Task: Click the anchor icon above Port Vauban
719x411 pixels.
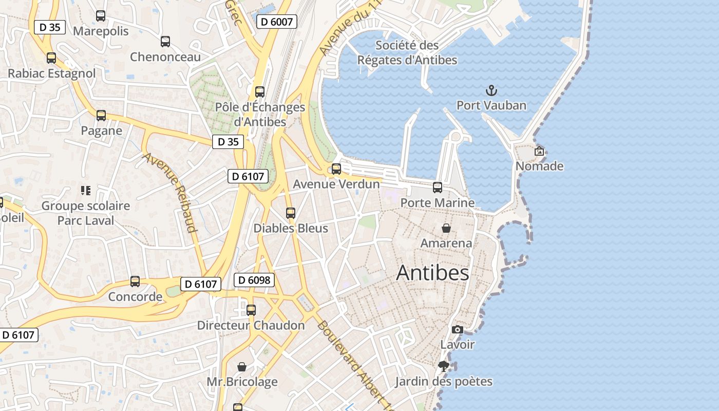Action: click(491, 91)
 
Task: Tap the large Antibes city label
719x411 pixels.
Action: click(432, 273)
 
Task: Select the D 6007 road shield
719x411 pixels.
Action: click(277, 22)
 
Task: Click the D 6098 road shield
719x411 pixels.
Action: click(254, 280)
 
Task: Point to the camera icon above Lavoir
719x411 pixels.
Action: click(457, 329)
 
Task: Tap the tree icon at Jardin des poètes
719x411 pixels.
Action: click(443, 366)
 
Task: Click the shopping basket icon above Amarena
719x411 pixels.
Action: click(446, 228)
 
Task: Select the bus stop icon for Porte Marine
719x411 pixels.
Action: click(438, 188)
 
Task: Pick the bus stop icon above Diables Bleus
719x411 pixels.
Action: click(291, 213)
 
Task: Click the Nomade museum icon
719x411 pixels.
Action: click(539, 151)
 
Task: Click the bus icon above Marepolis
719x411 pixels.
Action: click(101, 16)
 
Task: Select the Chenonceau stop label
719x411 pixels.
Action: click(165, 57)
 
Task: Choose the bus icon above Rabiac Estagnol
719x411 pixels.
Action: click(51, 58)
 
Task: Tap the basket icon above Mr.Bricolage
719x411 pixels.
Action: click(242, 367)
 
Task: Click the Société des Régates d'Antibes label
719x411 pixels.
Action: click(407, 52)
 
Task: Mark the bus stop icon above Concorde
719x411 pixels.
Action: click(135, 282)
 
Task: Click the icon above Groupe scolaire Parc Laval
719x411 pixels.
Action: click(86, 191)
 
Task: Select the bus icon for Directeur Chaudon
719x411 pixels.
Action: click(251, 310)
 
